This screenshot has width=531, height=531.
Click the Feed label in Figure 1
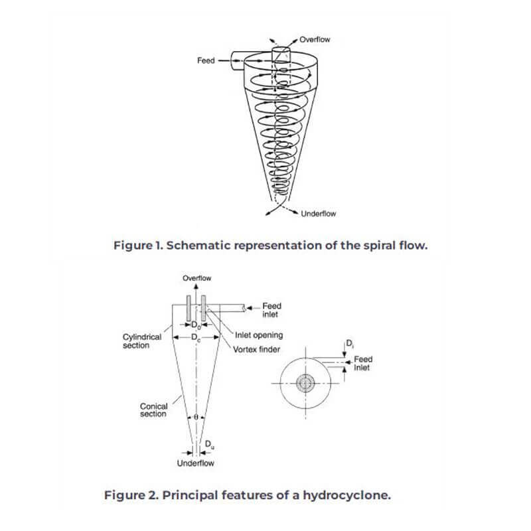206,60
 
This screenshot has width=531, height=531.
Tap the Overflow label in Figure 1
315,40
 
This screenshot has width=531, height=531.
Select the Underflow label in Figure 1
319,214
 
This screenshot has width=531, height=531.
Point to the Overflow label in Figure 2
196,278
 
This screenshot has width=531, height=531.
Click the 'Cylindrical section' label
142,341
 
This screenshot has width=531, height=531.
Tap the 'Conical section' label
153,410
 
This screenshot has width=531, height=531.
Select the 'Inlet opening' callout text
259,335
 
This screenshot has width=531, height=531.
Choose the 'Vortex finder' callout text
256,350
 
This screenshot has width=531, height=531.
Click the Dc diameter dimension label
196,338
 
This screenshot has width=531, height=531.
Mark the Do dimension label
196,325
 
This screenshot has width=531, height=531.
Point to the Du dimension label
210,445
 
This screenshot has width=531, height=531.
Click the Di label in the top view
350,344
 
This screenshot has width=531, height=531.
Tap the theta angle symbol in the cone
196,417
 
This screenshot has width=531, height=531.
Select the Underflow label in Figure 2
195,463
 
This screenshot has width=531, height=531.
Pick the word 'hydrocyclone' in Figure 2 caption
346,495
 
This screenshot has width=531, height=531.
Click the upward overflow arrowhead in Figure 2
196,287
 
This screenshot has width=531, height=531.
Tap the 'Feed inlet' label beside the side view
271,310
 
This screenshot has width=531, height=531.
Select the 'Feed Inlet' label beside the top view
363,363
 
